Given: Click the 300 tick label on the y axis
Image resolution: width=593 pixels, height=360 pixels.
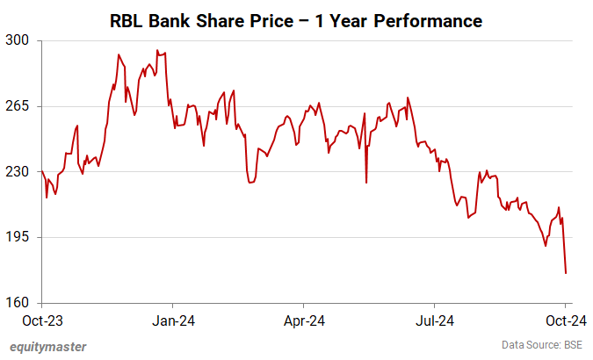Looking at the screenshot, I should pyautogui.click(x=17, y=40).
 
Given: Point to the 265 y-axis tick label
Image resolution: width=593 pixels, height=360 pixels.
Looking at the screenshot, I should pyautogui.click(x=17, y=106).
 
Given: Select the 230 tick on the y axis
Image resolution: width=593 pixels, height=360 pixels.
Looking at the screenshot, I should pyautogui.click(x=17, y=172).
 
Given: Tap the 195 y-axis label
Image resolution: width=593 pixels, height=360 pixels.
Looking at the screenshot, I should pyautogui.click(x=17, y=238).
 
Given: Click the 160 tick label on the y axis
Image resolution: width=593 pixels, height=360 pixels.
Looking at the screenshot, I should pyautogui.click(x=17, y=304).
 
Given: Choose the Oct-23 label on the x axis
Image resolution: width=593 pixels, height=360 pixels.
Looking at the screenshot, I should pyautogui.click(x=41, y=320).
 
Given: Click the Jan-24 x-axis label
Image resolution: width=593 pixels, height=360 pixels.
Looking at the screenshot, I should pyautogui.click(x=172, y=320).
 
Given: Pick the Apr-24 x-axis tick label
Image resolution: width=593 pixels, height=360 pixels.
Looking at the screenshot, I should pyautogui.click(x=305, y=320).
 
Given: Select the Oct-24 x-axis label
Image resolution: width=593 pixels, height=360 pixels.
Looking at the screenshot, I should pyautogui.click(x=567, y=320).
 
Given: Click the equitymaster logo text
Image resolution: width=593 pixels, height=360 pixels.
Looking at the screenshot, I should pyautogui.click(x=48, y=346).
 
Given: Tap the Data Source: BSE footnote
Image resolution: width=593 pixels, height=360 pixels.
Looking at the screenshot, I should pyautogui.click(x=542, y=345).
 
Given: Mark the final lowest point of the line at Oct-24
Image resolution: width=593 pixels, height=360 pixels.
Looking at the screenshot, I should pyautogui.click(x=566, y=273).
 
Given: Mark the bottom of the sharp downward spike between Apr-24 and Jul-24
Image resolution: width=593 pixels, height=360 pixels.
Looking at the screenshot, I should pyautogui.click(x=366, y=183).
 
